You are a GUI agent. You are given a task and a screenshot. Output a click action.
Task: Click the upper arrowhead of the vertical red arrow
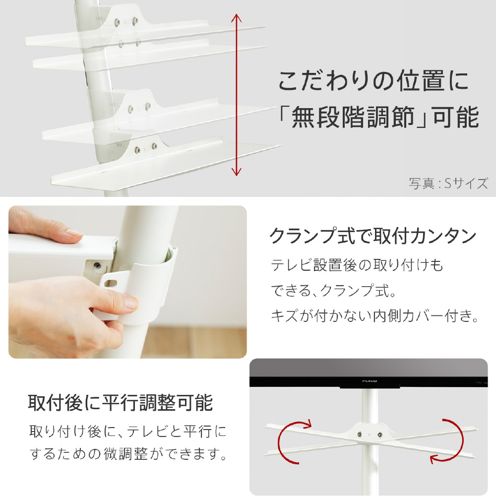click(236, 17)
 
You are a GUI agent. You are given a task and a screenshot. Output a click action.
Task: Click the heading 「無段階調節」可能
click(378, 118)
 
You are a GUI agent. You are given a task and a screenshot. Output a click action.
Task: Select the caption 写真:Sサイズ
click(448, 183)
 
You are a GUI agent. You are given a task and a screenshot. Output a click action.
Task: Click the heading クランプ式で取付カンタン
click(372, 236)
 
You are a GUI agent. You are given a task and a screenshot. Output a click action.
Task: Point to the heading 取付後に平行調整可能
click(121, 403)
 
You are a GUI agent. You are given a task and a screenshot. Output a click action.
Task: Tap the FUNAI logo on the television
click(370, 381)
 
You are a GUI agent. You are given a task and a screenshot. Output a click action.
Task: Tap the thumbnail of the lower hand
click(130, 302)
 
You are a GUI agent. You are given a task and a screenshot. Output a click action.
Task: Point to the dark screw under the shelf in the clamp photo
click(97, 265)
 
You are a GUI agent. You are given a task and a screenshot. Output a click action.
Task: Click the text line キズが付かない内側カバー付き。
click(375, 315)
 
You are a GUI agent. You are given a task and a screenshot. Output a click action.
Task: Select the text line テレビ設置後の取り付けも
click(357, 265)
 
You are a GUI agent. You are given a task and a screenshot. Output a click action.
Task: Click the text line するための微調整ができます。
click(128, 454)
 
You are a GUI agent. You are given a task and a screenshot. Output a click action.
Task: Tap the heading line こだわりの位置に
click(373, 80)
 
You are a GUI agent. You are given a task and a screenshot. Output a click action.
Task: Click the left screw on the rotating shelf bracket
click(360, 434)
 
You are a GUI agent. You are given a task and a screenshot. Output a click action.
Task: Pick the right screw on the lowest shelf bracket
click(154, 146)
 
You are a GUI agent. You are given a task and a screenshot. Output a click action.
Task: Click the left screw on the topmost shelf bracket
click(117, 22)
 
